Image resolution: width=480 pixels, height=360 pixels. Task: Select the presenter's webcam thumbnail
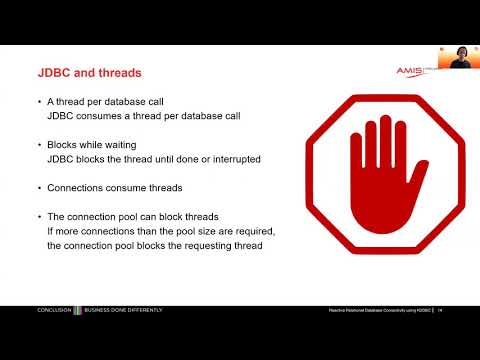click(x=458, y=57)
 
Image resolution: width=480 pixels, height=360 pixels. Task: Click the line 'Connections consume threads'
click(x=109, y=187)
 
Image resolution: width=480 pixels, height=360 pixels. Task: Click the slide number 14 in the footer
click(x=440, y=310)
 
